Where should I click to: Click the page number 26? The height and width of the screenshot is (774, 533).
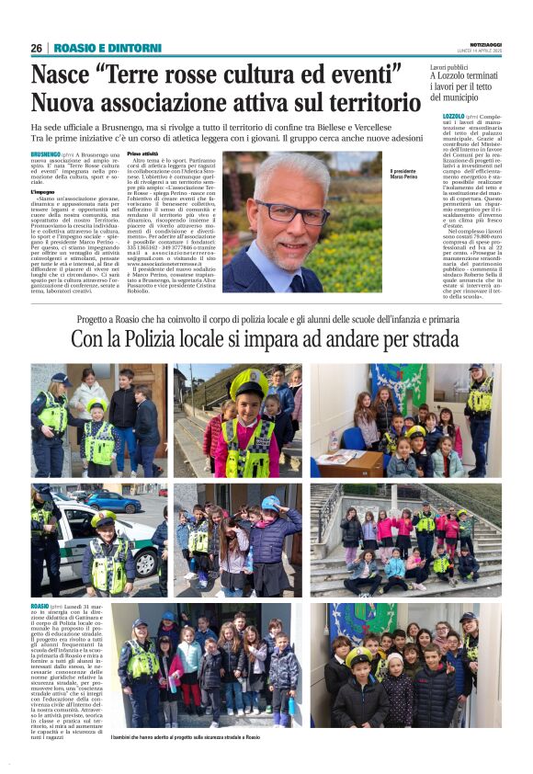click(x=36, y=47)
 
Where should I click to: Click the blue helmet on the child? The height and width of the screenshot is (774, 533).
click(x=270, y=503)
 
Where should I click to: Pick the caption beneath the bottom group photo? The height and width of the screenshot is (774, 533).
click(x=185, y=737)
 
